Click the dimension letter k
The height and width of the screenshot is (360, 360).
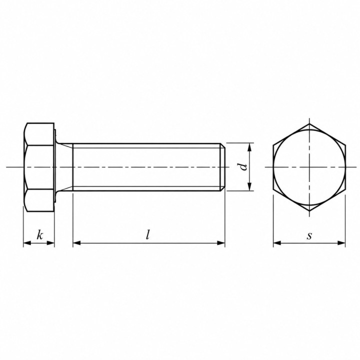click(x=40, y=235)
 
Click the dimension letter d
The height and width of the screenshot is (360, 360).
click(x=243, y=167)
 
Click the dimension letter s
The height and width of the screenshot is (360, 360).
click(x=309, y=236)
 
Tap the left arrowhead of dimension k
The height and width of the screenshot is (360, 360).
click(x=27, y=243)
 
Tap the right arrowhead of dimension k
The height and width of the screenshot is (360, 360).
click(x=50, y=243)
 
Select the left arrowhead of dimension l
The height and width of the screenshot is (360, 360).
click(x=77, y=243)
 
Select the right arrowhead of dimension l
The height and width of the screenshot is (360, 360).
click(x=221, y=243)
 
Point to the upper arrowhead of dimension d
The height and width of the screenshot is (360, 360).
click(x=250, y=147)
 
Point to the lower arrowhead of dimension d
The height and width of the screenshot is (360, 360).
click(x=250, y=186)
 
